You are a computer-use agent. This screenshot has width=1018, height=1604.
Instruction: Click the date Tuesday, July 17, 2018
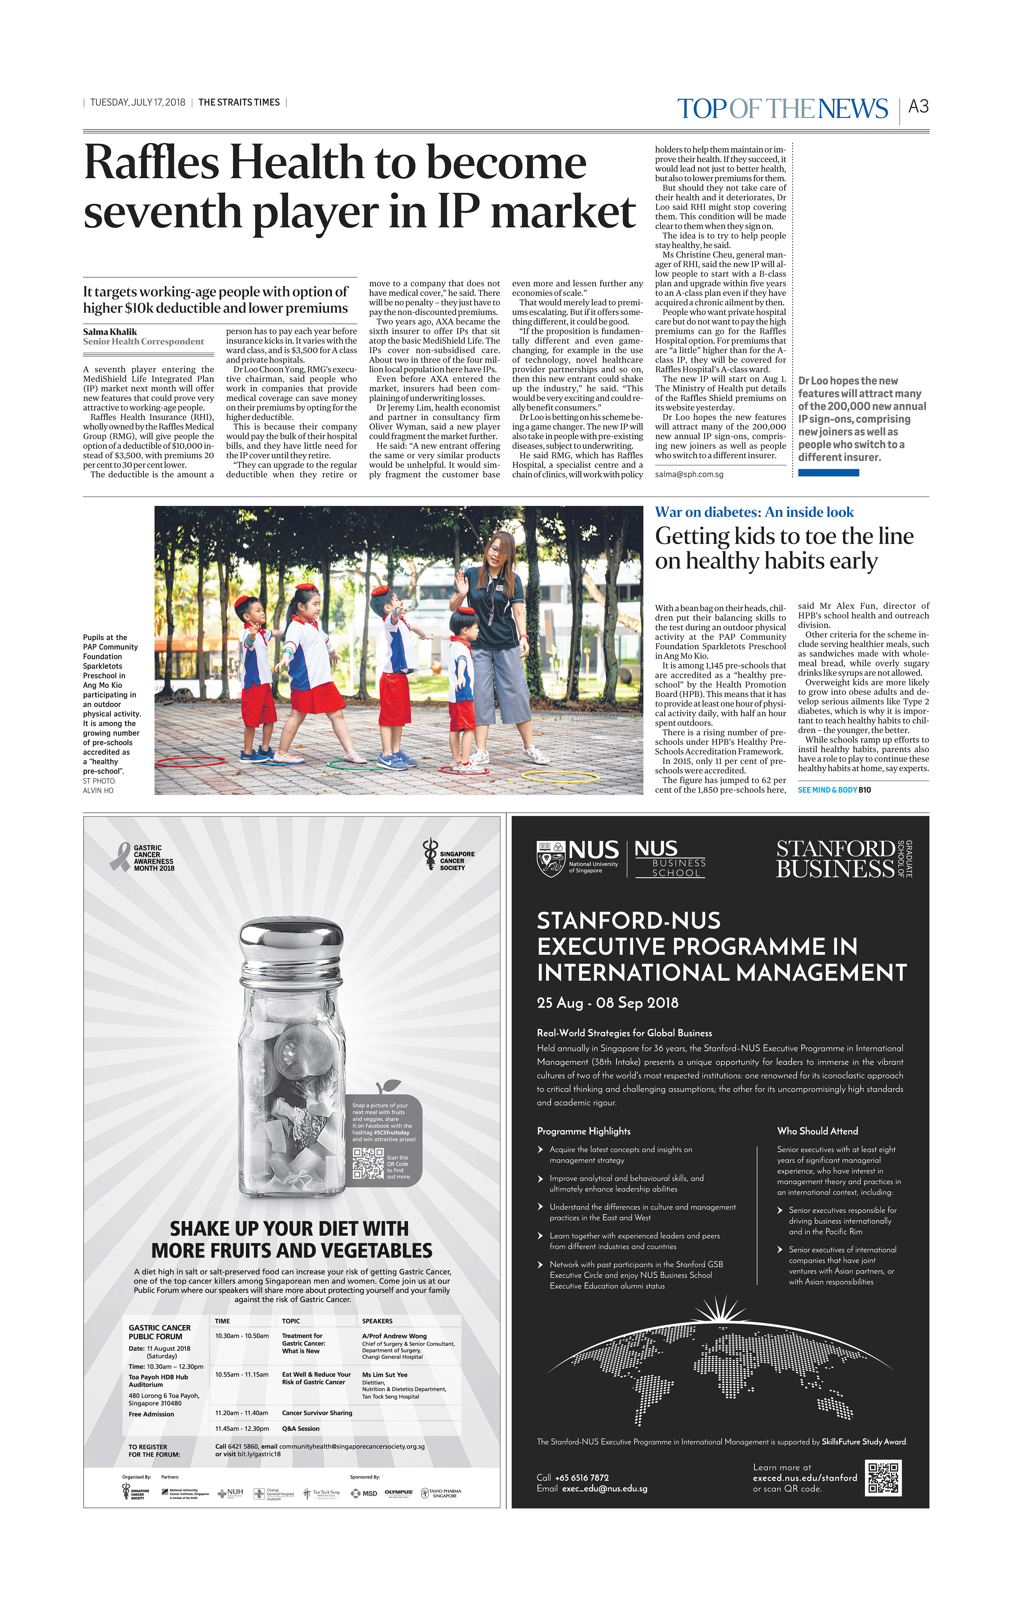coord(138,103)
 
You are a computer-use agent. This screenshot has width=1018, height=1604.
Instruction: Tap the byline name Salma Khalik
coord(110,332)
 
